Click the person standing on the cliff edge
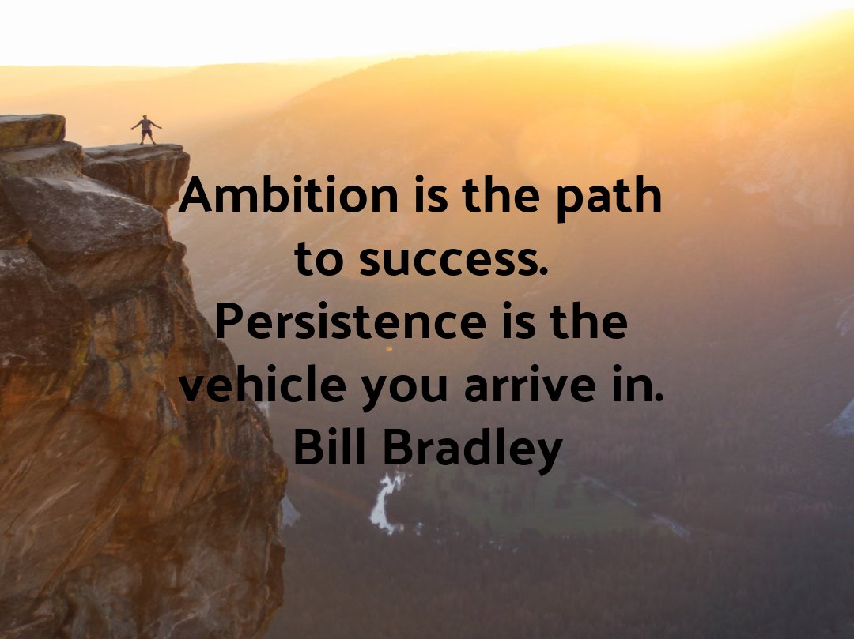(x=145, y=129)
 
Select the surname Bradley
(x=473, y=449)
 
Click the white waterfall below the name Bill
(x=386, y=501)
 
